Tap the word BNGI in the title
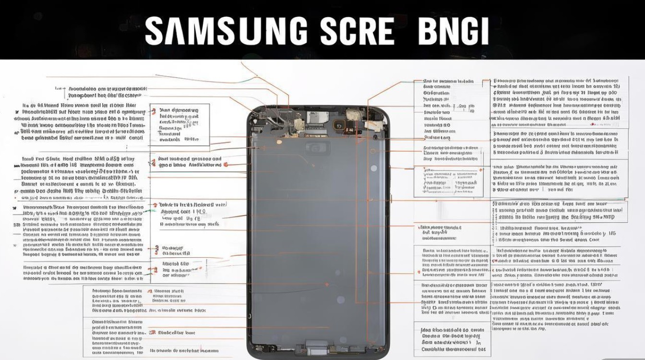453,32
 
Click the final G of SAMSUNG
295,32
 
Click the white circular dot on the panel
373,168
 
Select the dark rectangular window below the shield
318,148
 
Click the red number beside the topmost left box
154,111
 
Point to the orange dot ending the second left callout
226,165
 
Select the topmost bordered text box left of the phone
179,125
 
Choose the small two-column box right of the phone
448,180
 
